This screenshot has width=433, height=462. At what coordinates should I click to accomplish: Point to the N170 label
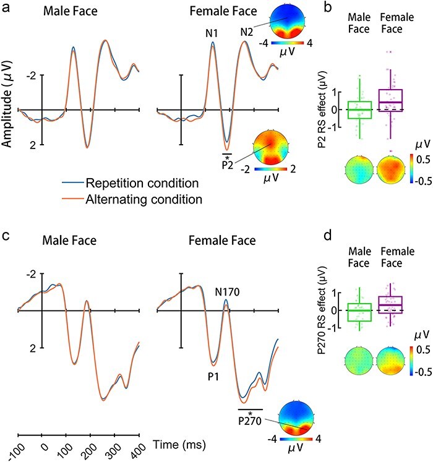[231, 291]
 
